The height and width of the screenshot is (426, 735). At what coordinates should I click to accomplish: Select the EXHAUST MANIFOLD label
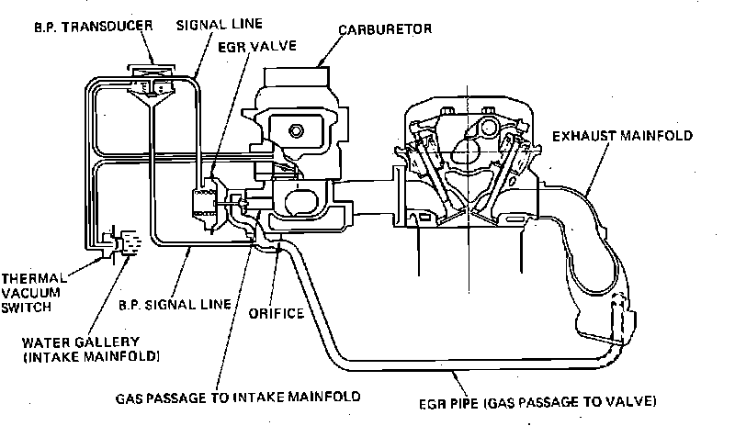click(621, 136)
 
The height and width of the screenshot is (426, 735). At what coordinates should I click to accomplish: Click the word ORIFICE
click(276, 312)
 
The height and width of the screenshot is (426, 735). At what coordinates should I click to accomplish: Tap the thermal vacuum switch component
click(122, 244)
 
